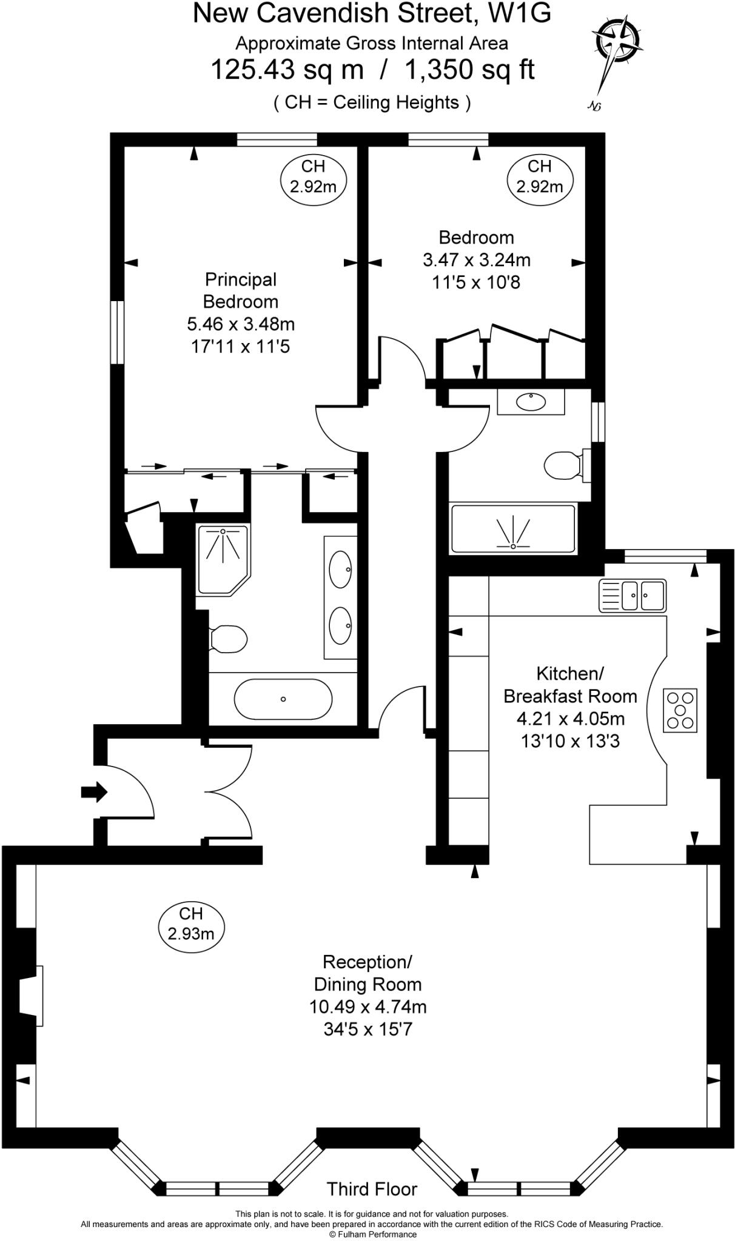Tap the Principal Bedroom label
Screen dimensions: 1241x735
[241, 290]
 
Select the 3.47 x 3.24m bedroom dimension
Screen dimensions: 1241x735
[476, 260]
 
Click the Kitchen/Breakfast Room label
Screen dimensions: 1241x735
[570, 685]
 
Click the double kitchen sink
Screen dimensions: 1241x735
[633, 596]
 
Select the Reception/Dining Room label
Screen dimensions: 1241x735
[367, 973]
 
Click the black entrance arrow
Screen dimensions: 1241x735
[94, 791]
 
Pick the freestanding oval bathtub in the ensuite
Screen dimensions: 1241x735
[283, 699]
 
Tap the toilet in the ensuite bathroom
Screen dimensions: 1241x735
[227, 639]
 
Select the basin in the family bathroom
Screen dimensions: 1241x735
[531, 402]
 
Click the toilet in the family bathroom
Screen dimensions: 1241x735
[564, 465]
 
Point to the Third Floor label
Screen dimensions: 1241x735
[372, 1189]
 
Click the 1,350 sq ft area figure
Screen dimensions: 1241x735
[469, 69]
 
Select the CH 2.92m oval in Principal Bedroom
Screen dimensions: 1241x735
[313, 176]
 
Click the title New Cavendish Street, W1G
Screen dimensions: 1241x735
[372, 13]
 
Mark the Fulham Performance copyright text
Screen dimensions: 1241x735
[372, 1234]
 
